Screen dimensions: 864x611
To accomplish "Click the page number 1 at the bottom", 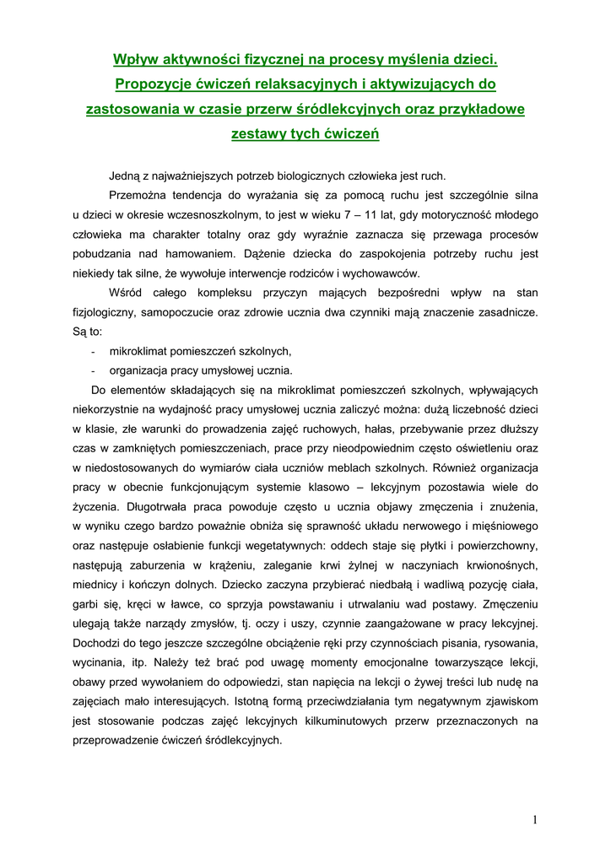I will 535,818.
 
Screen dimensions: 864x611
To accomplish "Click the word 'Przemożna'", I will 138,195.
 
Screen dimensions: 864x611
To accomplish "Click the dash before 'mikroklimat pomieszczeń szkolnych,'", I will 91,351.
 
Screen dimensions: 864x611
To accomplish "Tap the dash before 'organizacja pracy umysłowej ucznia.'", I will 91,370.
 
